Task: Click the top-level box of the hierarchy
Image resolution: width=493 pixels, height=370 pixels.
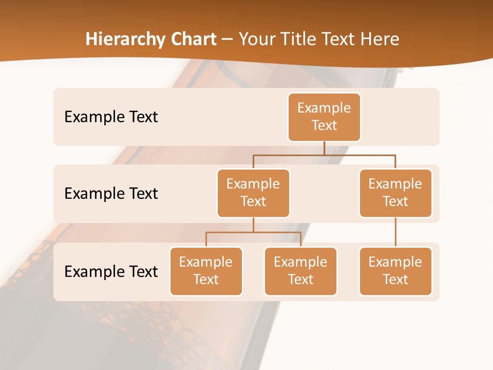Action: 324,117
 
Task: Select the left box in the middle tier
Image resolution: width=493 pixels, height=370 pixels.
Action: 253,193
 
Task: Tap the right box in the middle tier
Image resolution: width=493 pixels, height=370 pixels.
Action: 395,193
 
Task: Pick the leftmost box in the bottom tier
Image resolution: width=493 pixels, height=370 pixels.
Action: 206,271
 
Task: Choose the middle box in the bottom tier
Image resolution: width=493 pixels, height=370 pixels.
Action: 300,271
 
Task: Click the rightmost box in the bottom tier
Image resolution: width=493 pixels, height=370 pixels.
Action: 395,271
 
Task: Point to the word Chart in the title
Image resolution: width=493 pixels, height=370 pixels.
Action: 191,39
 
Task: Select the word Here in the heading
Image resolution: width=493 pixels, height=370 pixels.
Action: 380,39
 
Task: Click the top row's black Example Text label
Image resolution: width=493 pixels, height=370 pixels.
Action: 111,117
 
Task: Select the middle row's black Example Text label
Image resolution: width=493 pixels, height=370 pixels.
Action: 111,193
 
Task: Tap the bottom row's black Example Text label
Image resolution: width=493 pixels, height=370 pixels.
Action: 111,271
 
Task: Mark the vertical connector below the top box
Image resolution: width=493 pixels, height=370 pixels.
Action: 324,148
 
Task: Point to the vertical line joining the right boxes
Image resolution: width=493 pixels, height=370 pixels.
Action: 395,232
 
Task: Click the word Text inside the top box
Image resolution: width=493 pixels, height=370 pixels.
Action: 324,125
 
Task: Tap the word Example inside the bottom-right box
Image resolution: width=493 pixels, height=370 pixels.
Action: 395,262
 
